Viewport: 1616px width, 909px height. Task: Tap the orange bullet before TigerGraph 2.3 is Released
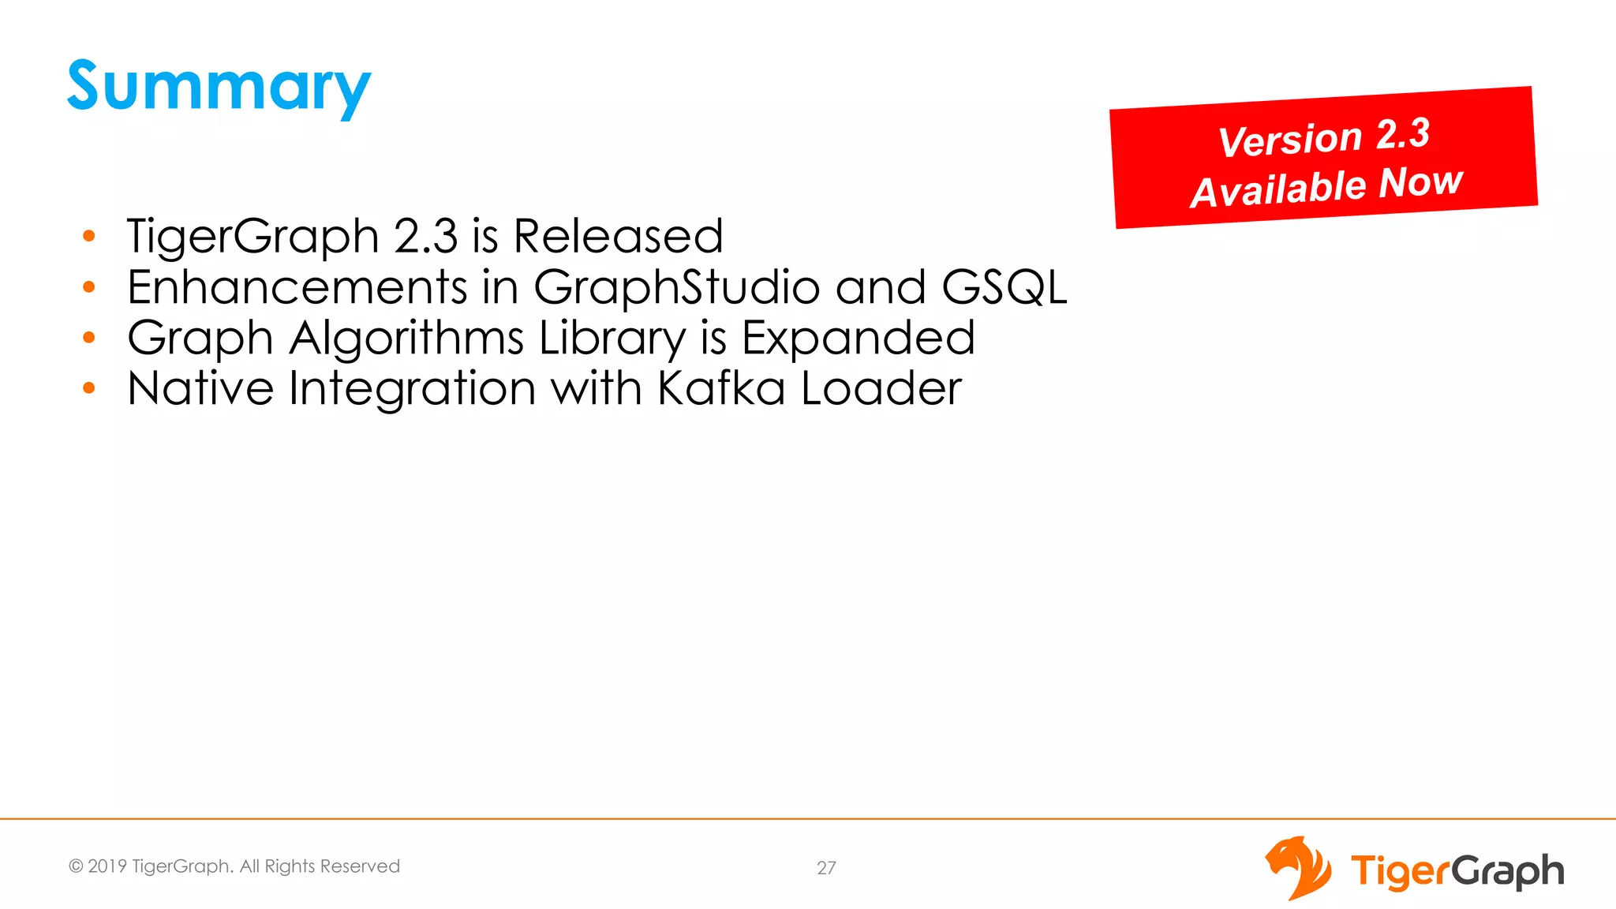[x=89, y=236]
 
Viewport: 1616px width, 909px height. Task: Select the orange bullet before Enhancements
[x=89, y=287]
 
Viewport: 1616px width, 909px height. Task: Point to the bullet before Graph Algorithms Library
[x=89, y=338]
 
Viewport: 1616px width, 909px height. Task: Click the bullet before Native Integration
[x=89, y=388]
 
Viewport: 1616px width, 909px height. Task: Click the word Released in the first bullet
[x=618, y=236]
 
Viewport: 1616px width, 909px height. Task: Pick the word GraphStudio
[x=676, y=286]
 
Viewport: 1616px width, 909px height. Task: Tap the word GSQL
[x=1004, y=286]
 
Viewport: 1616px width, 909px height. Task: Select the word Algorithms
[x=406, y=338]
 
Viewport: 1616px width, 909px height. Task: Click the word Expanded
[x=858, y=338]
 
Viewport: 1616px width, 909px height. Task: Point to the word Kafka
[x=721, y=388]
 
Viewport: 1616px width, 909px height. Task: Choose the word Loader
[x=881, y=388]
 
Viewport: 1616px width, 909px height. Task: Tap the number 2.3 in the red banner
[x=1403, y=133]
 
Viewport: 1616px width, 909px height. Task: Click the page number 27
[x=826, y=868]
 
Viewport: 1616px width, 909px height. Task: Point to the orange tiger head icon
[x=1298, y=867]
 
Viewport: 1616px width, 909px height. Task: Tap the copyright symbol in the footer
[x=76, y=866]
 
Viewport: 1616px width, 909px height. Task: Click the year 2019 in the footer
[x=107, y=866]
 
